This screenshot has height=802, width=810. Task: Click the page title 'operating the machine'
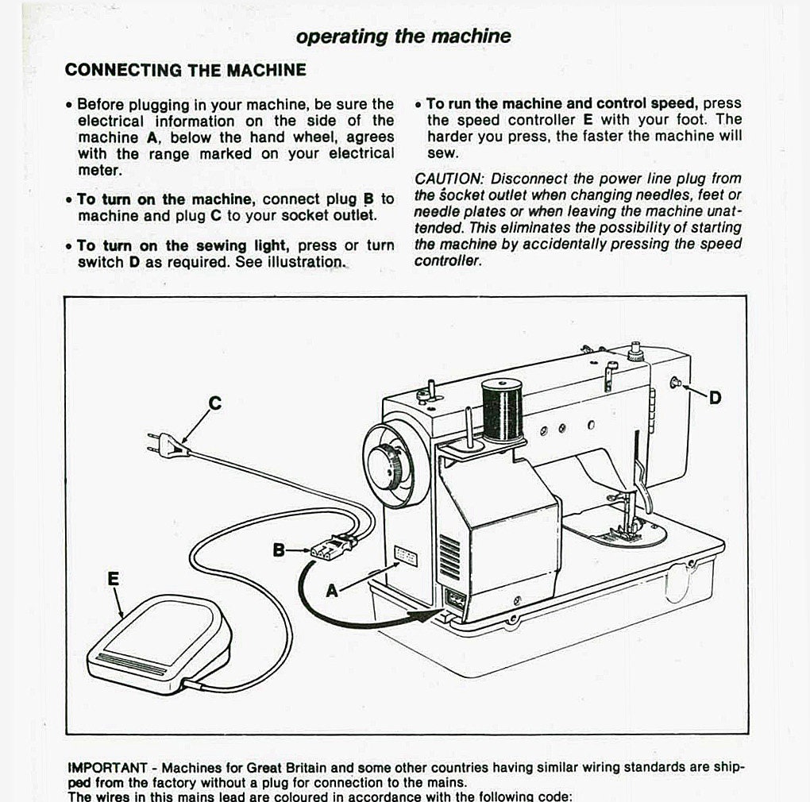point(403,37)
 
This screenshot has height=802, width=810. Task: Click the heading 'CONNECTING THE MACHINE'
point(185,70)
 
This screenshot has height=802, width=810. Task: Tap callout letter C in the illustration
point(214,403)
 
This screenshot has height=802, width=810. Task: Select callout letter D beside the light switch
point(715,398)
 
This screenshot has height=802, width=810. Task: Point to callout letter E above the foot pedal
point(114,579)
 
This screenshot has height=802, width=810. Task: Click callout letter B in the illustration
point(279,549)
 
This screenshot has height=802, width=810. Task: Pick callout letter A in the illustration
point(332,590)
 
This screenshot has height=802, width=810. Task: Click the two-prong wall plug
point(168,445)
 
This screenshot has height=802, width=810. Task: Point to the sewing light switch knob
point(676,383)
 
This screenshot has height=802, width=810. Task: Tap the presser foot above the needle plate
point(623,532)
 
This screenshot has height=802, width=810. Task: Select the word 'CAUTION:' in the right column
point(449,179)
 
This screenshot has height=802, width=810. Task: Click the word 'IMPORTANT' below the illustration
point(107,768)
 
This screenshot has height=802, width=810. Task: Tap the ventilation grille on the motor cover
point(449,556)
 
